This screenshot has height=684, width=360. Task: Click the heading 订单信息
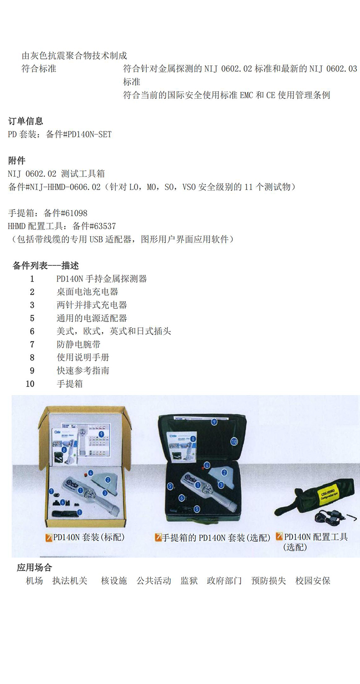(x=26, y=121)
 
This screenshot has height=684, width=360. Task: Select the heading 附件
(x=17, y=160)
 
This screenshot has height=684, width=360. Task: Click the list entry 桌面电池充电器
(x=87, y=292)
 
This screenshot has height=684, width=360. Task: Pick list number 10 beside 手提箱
(x=30, y=384)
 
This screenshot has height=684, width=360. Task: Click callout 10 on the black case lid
(x=234, y=441)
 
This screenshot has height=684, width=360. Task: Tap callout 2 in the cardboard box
(x=108, y=479)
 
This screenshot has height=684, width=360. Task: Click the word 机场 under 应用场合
(x=34, y=581)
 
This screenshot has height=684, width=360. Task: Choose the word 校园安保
(x=313, y=581)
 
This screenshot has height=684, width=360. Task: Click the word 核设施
(x=114, y=581)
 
